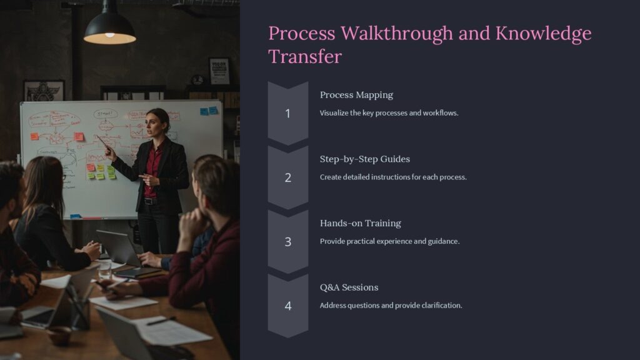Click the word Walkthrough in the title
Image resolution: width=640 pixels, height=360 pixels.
(x=391, y=33)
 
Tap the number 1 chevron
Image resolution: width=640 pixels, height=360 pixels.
(x=287, y=113)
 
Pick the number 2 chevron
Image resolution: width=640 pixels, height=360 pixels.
(x=287, y=177)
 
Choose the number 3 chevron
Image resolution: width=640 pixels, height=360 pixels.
(x=287, y=241)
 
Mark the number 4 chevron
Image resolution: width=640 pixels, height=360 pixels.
(x=287, y=306)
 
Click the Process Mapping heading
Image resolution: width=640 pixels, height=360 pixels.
(x=356, y=95)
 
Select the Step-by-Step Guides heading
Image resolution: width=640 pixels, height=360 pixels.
(x=364, y=159)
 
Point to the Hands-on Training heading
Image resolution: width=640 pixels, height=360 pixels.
(x=360, y=223)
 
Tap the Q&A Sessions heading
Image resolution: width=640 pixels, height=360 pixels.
(x=349, y=287)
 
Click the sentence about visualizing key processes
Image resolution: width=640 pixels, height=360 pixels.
(x=389, y=113)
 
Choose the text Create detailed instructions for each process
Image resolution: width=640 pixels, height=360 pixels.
(x=393, y=177)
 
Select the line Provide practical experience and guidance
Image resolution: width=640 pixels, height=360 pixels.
(x=389, y=241)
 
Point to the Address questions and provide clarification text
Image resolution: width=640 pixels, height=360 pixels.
(x=391, y=306)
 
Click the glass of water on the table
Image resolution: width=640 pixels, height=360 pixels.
(x=104, y=268)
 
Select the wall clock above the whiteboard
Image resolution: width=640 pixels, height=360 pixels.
(x=197, y=80)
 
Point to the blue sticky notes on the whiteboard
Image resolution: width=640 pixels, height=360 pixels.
(x=209, y=111)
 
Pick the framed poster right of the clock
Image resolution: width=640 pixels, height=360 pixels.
(x=219, y=71)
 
